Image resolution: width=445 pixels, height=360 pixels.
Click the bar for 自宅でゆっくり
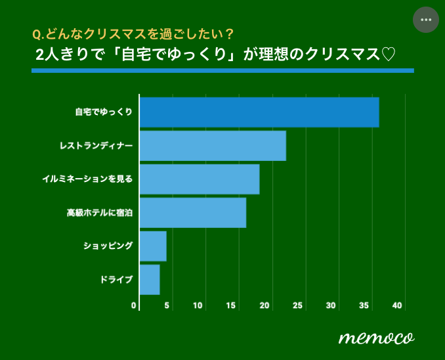tap(259, 112)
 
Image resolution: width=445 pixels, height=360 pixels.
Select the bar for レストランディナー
tap(213, 146)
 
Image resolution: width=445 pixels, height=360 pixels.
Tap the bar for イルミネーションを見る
tap(200, 179)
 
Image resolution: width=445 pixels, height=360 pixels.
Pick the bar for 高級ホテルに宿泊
tap(193, 213)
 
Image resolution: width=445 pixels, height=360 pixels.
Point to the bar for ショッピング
tap(153, 246)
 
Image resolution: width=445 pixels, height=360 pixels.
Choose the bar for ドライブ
tap(150, 280)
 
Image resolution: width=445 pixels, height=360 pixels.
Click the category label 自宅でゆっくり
tap(104, 112)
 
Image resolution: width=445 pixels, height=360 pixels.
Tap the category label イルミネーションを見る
tap(87, 179)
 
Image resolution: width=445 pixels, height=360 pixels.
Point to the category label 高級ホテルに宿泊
tap(99, 213)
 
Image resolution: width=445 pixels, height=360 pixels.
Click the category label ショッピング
tap(108, 246)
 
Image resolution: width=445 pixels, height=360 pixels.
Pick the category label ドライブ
tap(116, 280)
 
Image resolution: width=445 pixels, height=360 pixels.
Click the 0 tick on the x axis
tap(135, 305)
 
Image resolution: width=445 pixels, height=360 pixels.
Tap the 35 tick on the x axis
tap(365, 305)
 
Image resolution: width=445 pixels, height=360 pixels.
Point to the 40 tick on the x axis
tap(398, 305)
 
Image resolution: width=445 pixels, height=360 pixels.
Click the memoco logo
tap(376, 337)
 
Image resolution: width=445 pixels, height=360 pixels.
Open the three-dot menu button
tap(425, 20)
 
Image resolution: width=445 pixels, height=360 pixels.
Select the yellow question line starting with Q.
tap(132, 34)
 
